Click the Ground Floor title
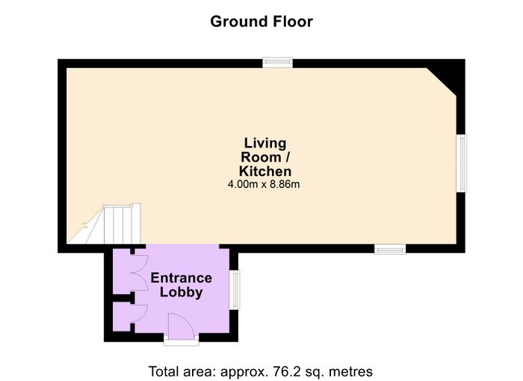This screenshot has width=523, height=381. click(261, 22)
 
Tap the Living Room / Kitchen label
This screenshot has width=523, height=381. click(265, 156)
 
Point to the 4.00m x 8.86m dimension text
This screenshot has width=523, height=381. click(264, 184)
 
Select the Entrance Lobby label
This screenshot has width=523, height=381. click(181, 284)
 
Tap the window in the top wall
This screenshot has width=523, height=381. click(277, 62)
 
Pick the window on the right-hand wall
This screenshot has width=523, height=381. click(462, 163)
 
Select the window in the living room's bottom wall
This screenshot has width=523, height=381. click(390, 249)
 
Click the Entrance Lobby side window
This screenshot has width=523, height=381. click(235, 290)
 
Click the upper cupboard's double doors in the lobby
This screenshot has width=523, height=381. click(140, 272)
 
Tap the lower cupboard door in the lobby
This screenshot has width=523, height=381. click(140, 314)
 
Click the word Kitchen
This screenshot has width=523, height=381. click(265, 171)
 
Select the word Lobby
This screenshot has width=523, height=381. click(181, 292)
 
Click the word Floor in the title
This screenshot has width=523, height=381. click(293, 22)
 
